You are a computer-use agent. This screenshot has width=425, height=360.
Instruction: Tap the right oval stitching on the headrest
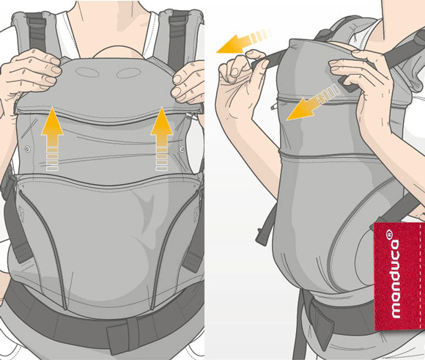coord(128,73)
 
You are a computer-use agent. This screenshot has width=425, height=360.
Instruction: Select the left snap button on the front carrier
coord(27,149)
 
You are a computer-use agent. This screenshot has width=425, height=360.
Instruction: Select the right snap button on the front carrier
coord(182,148)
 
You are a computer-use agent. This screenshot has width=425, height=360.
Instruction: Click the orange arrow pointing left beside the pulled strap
coord(244,41)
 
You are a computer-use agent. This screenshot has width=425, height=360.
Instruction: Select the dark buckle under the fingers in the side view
coord(347,84)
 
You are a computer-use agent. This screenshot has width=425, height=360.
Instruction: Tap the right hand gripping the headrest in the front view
coord(188,81)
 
